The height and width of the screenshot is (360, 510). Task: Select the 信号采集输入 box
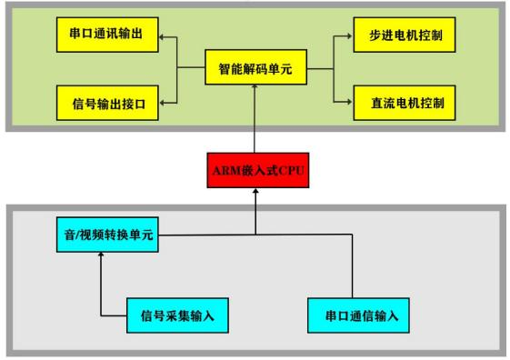point(176,316)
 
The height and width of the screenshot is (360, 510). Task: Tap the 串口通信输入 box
point(348,316)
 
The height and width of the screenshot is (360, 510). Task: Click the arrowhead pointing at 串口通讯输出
point(162,38)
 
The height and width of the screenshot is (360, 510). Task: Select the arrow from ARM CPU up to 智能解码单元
point(254,118)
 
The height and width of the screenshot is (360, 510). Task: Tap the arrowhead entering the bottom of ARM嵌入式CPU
point(254,192)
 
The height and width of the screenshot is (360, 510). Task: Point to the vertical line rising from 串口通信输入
point(349,268)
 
